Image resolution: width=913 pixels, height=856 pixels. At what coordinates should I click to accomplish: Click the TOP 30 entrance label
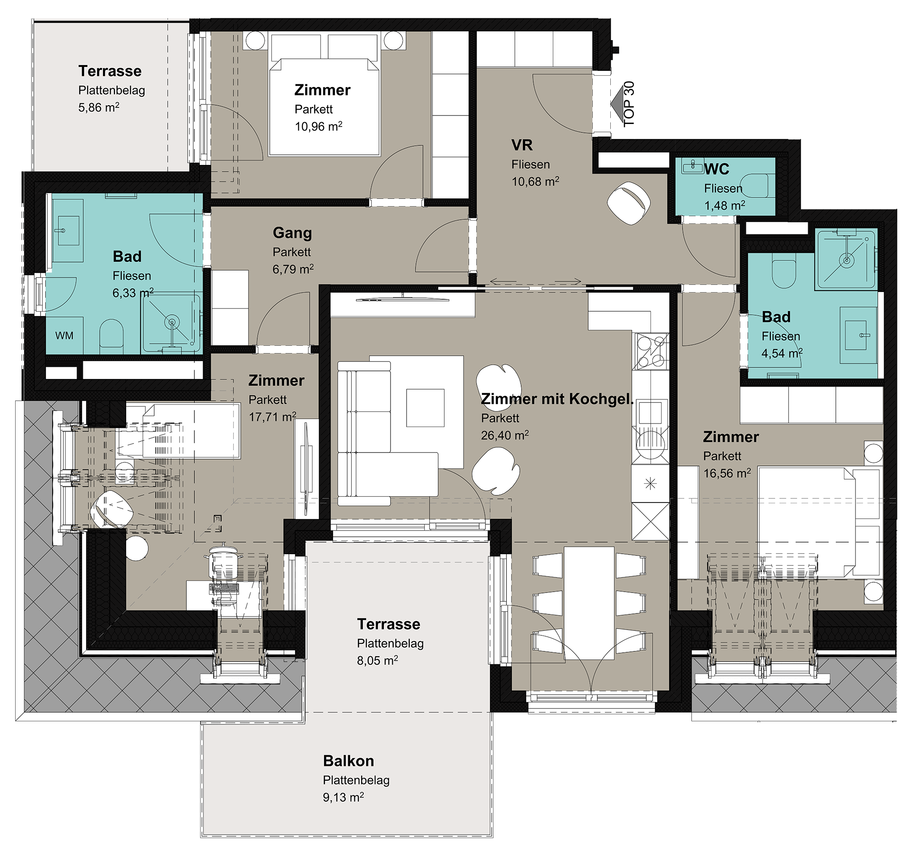tap(629, 104)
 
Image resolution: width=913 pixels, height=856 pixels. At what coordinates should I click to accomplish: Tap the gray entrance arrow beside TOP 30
tap(617, 104)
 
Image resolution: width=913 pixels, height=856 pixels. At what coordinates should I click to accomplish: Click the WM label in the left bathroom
tap(64, 336)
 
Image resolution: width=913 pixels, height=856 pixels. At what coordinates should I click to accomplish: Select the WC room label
tap(716, 169)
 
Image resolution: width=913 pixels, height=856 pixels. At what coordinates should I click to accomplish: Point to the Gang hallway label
tap(292, 233)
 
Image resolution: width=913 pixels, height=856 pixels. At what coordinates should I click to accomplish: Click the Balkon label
tap(348, 761)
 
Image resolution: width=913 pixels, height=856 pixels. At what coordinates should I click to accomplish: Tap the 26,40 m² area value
tap(505, 434)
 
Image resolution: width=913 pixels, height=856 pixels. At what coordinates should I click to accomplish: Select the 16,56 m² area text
tap(727, 473)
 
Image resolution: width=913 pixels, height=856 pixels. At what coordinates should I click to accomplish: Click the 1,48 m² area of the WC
tap(725, 205)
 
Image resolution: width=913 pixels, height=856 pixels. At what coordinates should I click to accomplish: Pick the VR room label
tap(522, 145)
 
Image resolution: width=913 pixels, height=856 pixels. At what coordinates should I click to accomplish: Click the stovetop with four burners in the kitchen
tap(650, 351)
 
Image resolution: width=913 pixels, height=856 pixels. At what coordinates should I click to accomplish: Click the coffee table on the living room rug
tap(425, 407)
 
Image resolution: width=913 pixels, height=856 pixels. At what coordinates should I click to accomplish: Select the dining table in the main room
tap(589, 603)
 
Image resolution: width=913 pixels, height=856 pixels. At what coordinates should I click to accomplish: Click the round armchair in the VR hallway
tap(629, 202)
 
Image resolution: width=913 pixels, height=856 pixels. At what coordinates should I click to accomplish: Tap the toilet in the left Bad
tap(111, 334)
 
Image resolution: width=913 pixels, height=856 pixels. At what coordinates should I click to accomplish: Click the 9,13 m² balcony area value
tap(343, 797)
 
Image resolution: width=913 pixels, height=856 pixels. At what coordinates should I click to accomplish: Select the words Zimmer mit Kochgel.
tap(557, 399)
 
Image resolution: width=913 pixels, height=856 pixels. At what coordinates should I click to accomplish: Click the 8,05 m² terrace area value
tap(378, 660)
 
